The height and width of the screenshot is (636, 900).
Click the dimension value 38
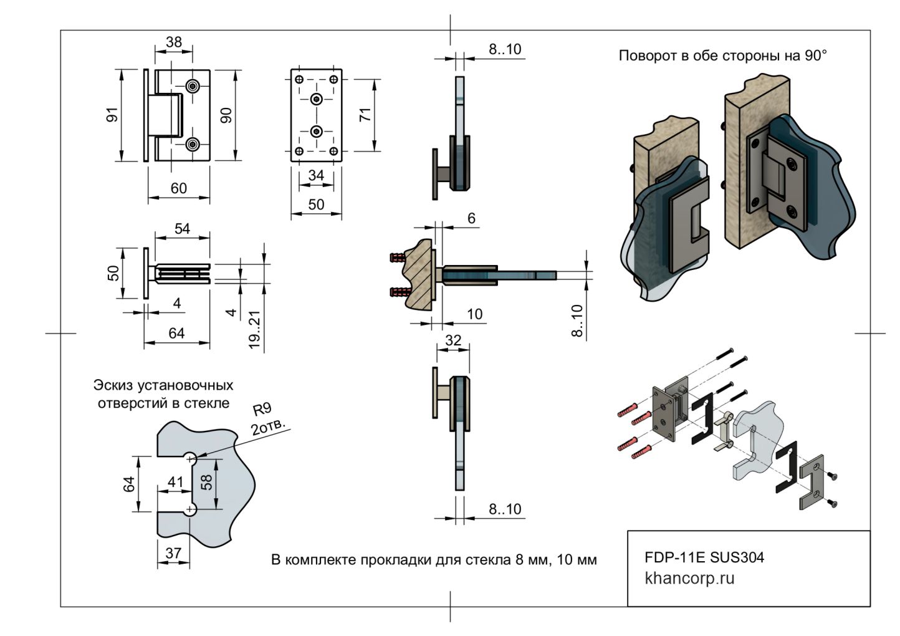(x=174, y=42)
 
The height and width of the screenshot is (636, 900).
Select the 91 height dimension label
(x=112, y=115)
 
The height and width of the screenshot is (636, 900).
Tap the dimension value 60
(x=178, y=188)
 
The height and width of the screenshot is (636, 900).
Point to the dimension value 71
(x=366, y=114)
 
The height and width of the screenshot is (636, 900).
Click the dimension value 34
(x=316, y=175)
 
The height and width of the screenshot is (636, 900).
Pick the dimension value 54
(x=182, y=229)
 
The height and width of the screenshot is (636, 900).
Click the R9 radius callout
(x=262, y=410)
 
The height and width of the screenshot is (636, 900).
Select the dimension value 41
(x=175, y=482)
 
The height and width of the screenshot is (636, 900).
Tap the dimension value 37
(x=173, y=553)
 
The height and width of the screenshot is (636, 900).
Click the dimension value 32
(x=453, y=340)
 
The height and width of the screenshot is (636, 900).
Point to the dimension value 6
(x=471, y=218)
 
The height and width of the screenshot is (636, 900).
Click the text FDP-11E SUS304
(x=704, y=557)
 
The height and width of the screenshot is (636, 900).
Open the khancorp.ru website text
(x=689, y=578)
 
